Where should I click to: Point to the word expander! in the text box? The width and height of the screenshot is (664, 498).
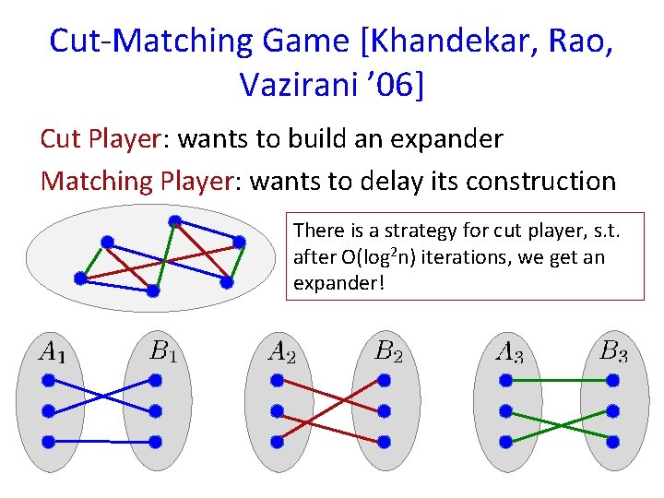338,282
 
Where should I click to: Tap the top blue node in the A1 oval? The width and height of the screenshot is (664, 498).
49,380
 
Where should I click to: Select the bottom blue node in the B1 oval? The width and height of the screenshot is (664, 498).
155,441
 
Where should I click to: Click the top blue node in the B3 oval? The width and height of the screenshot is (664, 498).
611,380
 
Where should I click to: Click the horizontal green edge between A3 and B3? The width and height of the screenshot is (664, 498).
558,380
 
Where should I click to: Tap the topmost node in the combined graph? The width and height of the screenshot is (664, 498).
174,221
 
